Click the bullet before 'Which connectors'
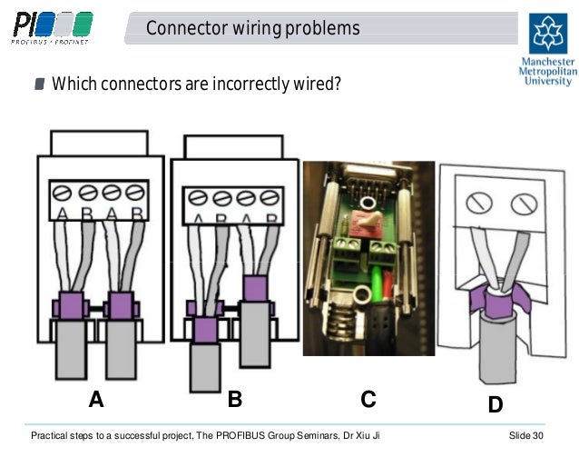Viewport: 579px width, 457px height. tap(39, 85)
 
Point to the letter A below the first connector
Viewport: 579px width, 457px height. tap(96, 401)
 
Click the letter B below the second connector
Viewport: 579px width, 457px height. tap(234, 400)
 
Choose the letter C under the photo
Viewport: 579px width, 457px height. tap(368, 401)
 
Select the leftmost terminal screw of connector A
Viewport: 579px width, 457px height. tap(64, 193)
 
